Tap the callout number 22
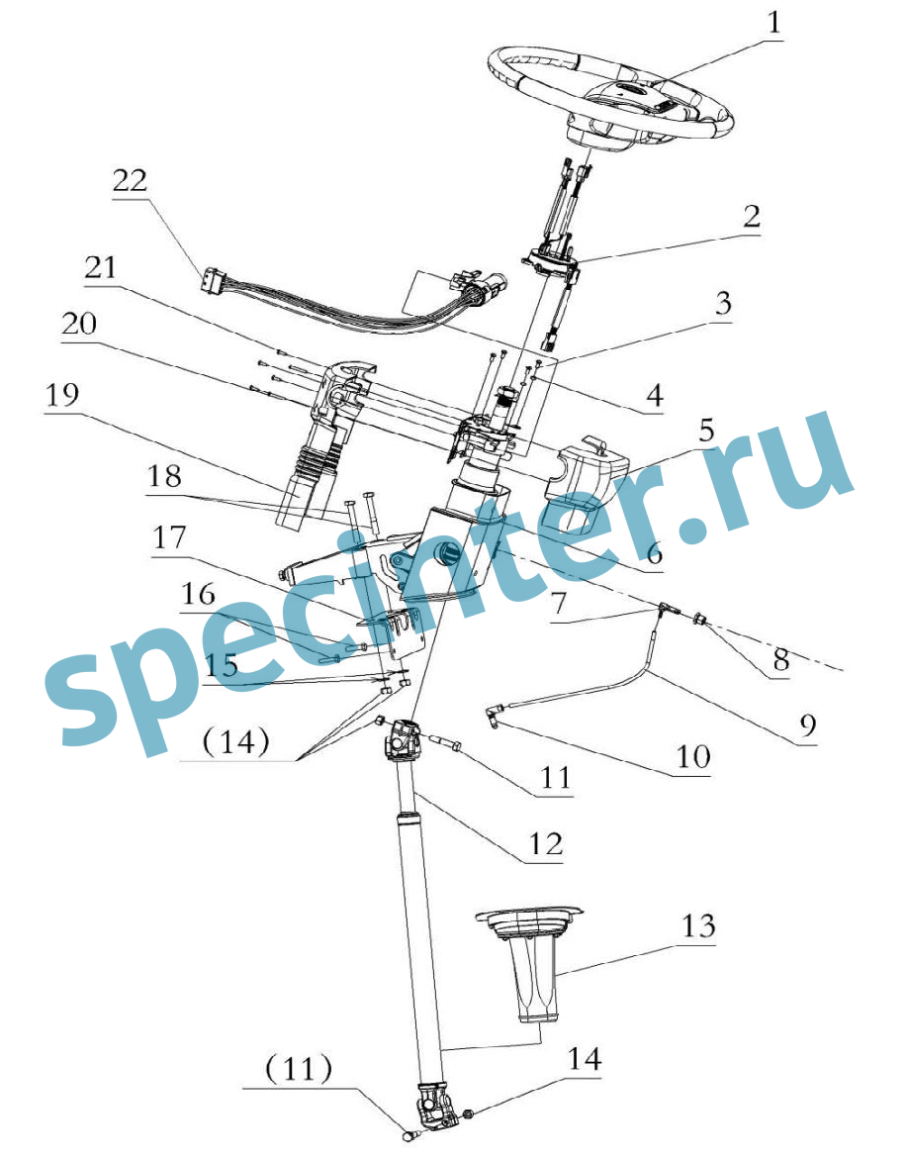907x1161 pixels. [132, 181]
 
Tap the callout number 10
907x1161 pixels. [693, 757]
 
